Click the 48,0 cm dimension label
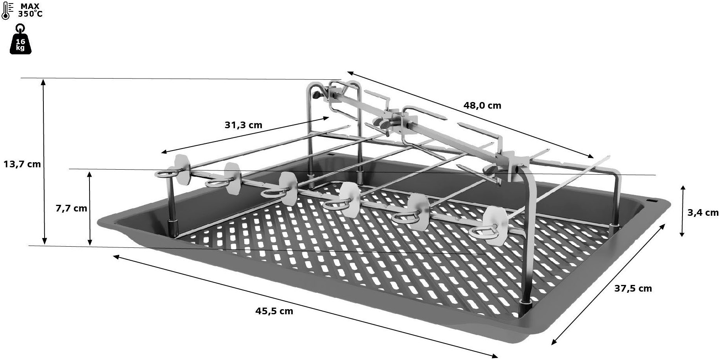(482, 106)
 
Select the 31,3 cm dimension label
(243, 125)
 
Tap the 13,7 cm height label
(22, 164)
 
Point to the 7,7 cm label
(71, 208)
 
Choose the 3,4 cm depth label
(703, 213)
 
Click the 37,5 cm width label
(633, 288)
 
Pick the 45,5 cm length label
(274, 311)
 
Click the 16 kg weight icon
(20, 41)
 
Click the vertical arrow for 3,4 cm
(682, 211)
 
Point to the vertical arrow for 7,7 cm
(90, 208)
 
